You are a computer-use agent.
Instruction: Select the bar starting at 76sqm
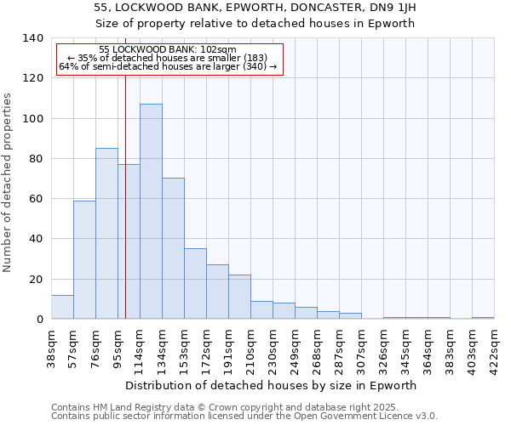[106, 234]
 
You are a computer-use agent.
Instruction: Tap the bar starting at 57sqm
[84, 259]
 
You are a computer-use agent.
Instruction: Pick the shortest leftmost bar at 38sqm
[62, 307]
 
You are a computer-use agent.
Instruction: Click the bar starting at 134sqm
[173, 248]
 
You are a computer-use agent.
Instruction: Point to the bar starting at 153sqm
[195, 283]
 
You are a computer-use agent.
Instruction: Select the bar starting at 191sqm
[239, 297]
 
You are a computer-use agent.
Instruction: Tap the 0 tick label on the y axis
[39, 320]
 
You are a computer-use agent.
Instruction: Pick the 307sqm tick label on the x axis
[362, 347]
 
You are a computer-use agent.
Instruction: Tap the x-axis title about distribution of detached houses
[276, 385]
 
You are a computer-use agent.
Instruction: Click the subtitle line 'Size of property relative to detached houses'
[255, 23]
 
